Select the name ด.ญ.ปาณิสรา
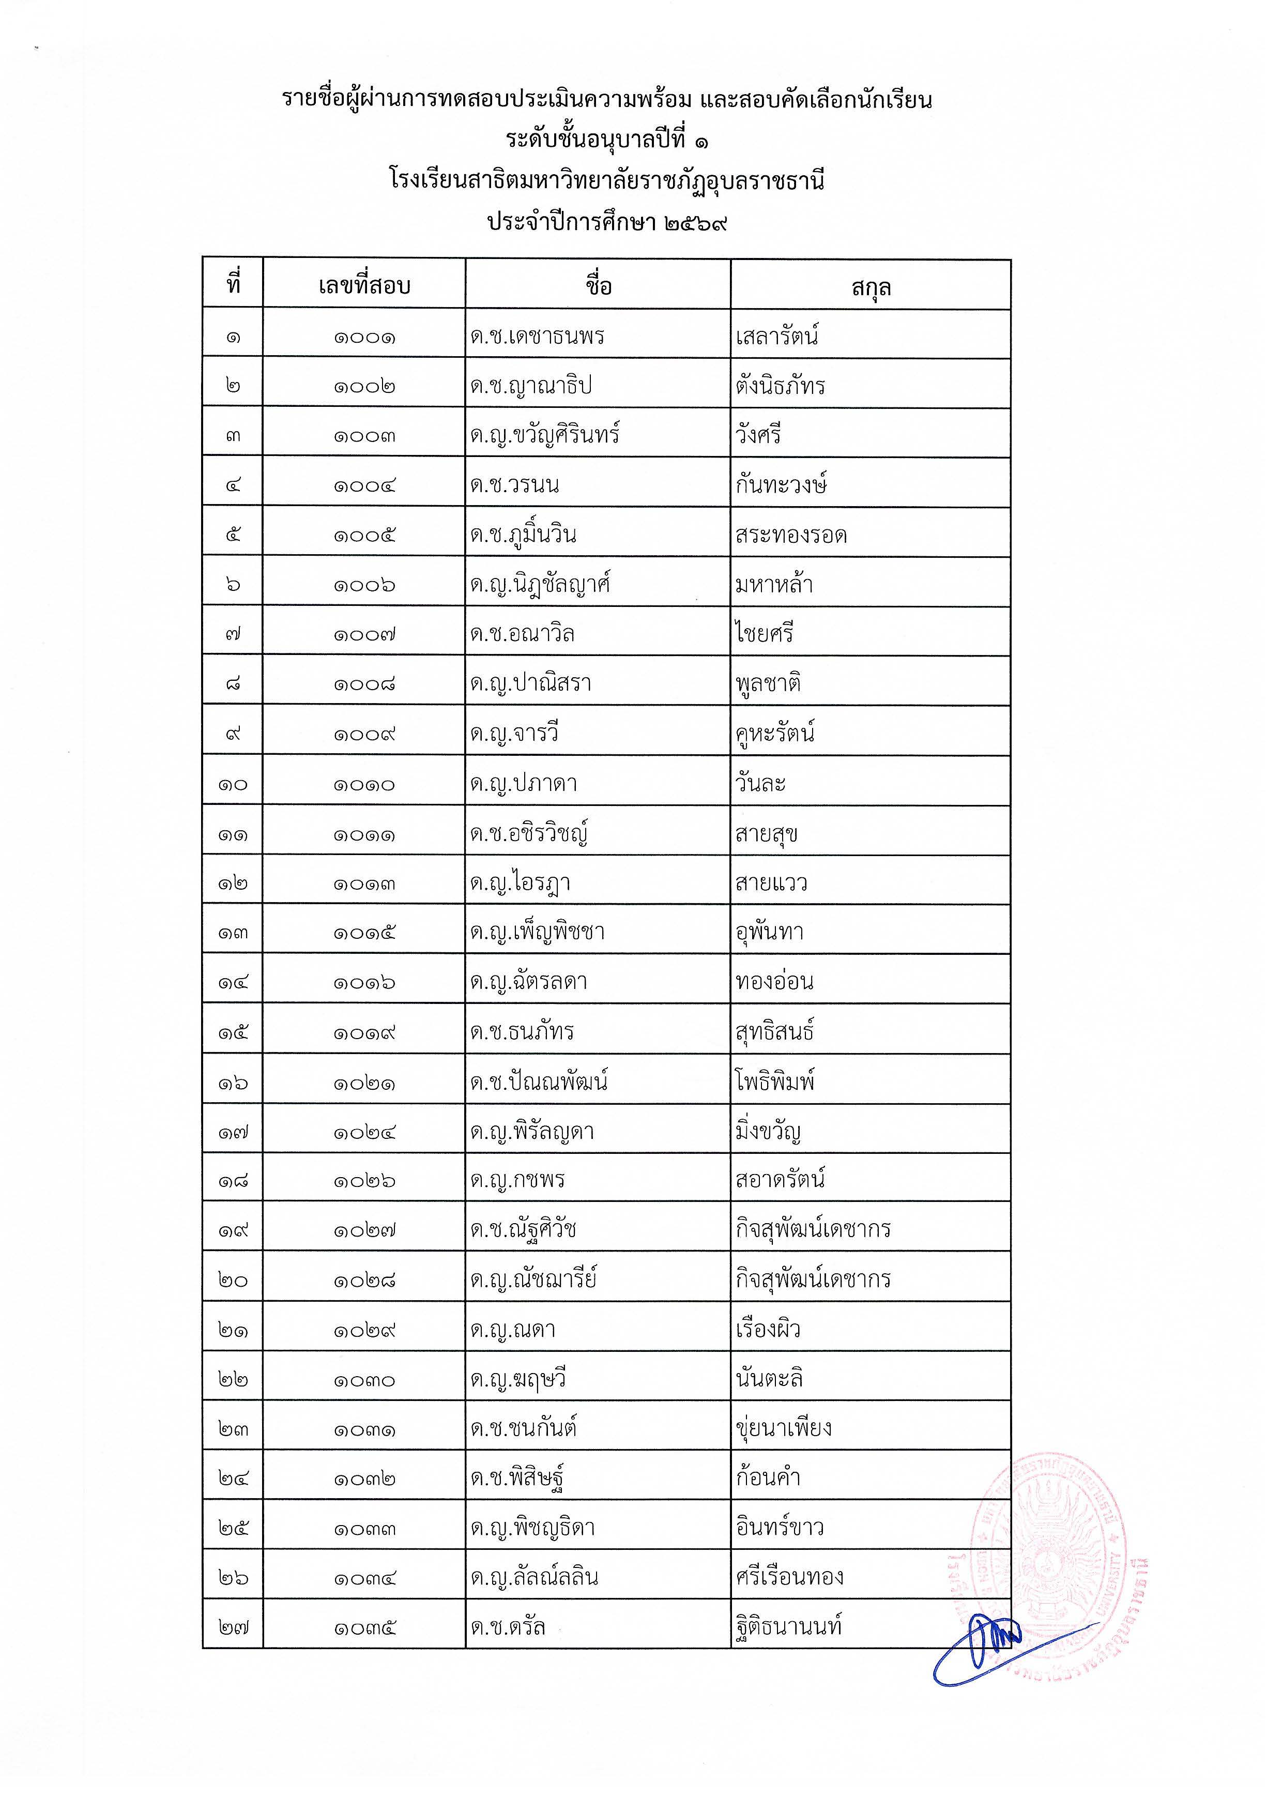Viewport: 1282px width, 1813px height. click(530, 683)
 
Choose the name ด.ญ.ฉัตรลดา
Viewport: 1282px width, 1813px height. click(528, 982)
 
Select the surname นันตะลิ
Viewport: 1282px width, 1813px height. click(769, 1379)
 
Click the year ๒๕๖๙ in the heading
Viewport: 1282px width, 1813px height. click(695, 223)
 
